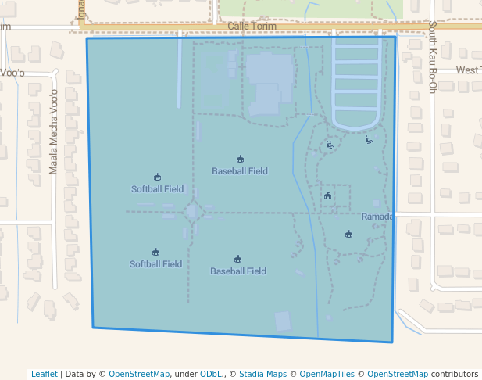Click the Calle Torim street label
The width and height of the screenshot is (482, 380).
point(252,27)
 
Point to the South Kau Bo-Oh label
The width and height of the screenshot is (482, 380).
point(431,56)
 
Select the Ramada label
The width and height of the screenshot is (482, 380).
point(377,217)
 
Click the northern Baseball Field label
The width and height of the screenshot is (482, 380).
point(240,171)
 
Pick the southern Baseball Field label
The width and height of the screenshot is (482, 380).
point(238,271)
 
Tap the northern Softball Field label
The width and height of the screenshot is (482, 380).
point(157,189)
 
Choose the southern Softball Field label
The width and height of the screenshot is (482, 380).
point(155,264)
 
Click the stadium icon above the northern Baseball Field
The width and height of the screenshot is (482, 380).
point(240,160)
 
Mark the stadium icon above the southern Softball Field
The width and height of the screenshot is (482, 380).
point(155,252)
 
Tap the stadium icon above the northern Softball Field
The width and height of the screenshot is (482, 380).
point(157,177)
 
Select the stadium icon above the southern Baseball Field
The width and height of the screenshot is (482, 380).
point(237,260)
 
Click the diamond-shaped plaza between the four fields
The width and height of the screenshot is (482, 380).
point(192,211)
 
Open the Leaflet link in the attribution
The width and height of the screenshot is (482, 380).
point(44,374)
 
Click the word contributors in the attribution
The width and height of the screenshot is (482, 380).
point(455,374)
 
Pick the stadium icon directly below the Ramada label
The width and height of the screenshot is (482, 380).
point(348,234)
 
